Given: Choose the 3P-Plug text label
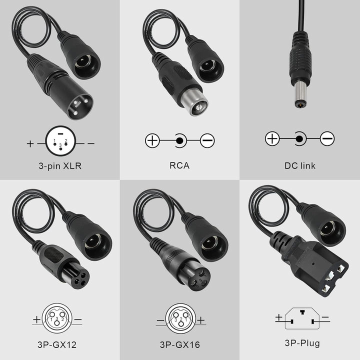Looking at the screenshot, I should [299, 343].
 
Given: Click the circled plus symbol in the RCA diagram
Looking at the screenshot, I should [152, 140].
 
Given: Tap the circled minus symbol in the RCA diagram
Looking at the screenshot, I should [207, 140].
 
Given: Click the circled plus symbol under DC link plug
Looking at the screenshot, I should [272, 138].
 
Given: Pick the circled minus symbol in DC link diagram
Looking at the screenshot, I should [327, 138].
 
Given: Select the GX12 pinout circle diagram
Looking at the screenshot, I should [59, 318].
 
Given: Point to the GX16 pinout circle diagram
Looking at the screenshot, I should [179, 318].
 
